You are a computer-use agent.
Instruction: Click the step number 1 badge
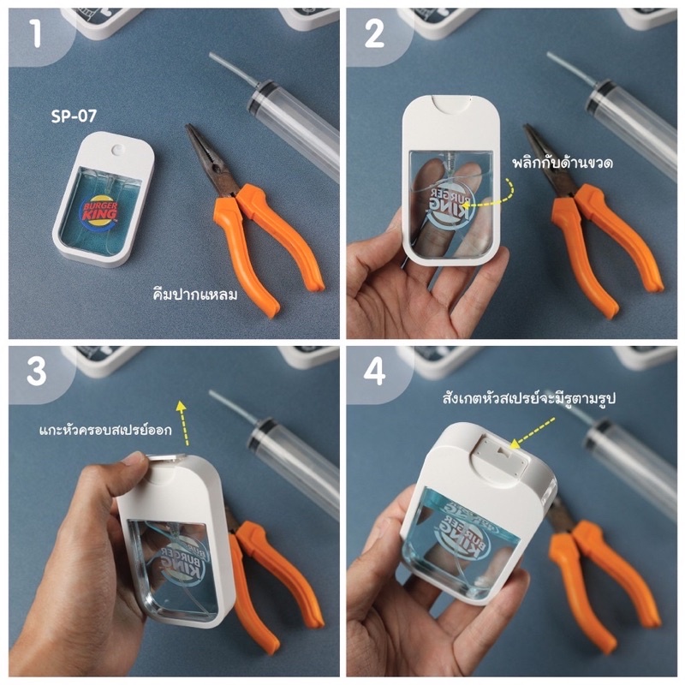pyautogui.click(x=36, y=34)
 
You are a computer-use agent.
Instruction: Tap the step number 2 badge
pyautogui.click(x=374, y=34)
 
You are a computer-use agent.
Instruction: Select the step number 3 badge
pyautogui.click(x=36, y=372)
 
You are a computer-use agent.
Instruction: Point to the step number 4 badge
pyautogui.click(x=374, y=372)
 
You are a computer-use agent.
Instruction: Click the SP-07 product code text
pyautogui.click(x=74, y=116)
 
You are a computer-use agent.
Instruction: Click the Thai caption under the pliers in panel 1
pyautogui.click(x=195, y=295)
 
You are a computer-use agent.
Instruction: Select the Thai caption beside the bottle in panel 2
pyautogui.click(x=563, y=163)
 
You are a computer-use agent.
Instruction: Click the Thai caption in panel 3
pyautogui.click(x=105, y=430)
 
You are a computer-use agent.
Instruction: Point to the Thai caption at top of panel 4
pyautogui.click(x=528, y=398)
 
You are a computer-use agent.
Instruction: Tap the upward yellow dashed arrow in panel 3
pyautogui.click(x=182, y=422)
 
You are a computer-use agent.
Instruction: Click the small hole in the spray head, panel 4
pyautogui.click(x=505, y=448)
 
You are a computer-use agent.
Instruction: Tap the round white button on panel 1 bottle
pyautogui.click(x=117, y=150)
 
